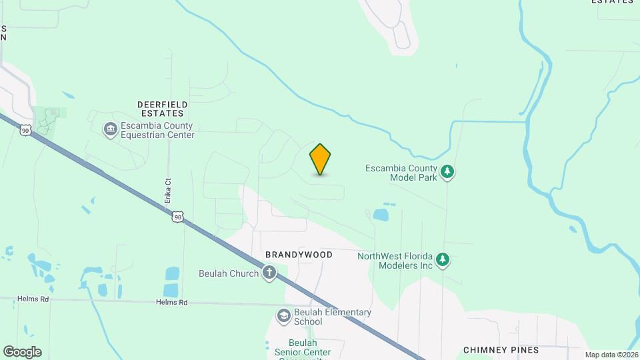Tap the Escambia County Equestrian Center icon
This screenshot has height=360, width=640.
(x=110, y=129)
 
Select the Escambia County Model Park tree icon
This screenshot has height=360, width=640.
(x=449, y=172)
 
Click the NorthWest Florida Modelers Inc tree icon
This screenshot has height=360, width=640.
(x=443, y=260)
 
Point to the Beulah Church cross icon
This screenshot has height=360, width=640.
(x=269, y=273)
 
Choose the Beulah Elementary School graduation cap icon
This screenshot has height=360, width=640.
(x=283, y=315)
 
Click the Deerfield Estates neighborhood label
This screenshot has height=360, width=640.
(x=162, y=109)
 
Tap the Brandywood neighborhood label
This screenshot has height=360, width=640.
(x=299, y=255)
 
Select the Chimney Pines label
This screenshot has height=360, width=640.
(x=501, y=349)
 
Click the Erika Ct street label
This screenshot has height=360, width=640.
(x=168, y=190)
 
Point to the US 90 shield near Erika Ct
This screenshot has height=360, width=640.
(x=177, y=217)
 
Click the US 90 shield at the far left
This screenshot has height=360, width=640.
(x=25, y=131)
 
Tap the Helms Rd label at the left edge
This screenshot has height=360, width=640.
(x=35, y=299)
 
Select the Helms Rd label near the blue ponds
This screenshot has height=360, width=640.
(x=172, y=302)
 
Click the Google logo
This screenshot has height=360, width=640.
(x=22, y=352)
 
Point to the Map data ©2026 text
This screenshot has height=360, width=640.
(x=611, y=355)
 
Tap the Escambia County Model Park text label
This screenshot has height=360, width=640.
(x=401, y=173)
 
